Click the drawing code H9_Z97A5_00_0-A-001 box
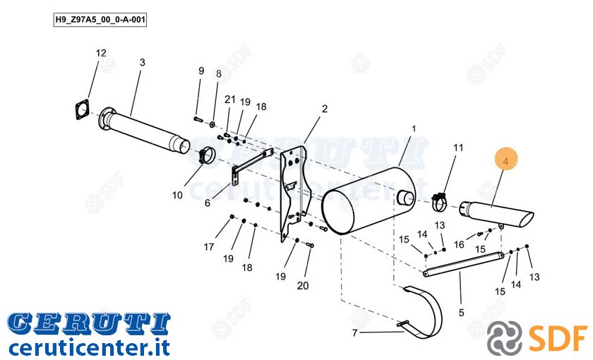point(100,20)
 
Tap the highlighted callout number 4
point(505,161)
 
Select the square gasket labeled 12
point(83,109)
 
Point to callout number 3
point(142,62)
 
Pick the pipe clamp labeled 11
point(439,202)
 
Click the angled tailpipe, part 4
point(496,215)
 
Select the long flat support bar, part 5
point(464,264)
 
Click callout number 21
point(230,100)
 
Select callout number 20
point(303,286)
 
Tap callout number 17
point(209,247)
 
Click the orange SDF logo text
point(558,337)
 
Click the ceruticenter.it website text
point(88,347)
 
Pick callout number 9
point(201,71)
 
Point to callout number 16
point(459,245)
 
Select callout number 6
point(208,203)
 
